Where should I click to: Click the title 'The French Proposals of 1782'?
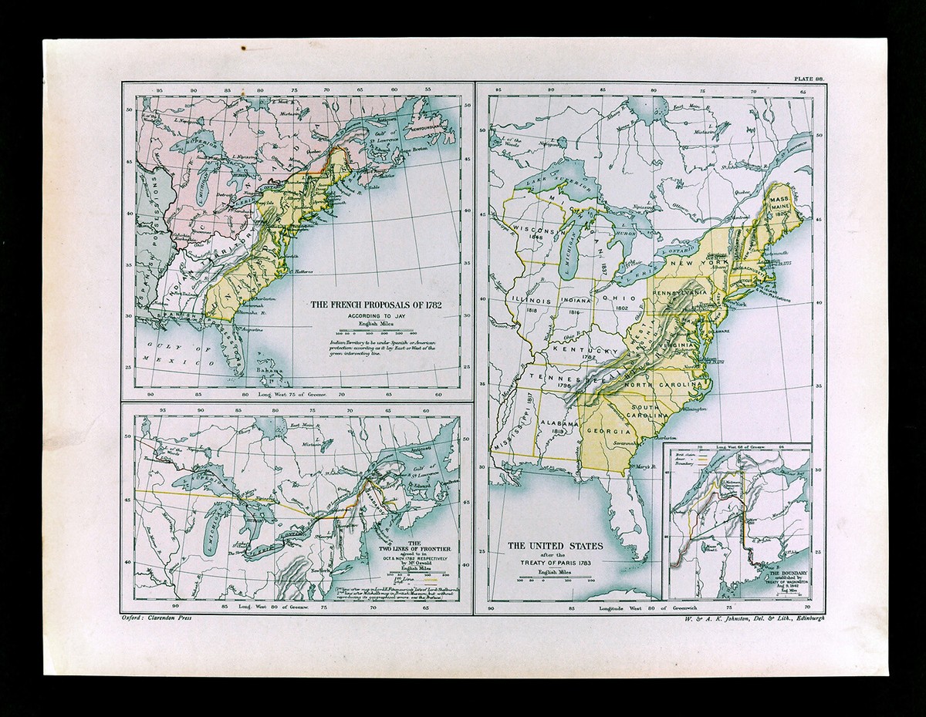(x=380, y=305)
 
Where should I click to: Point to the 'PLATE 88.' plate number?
(x=807, y=78)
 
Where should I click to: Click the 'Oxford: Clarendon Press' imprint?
(x=157, y=618)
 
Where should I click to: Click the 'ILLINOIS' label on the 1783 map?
(x=528, y=301)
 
